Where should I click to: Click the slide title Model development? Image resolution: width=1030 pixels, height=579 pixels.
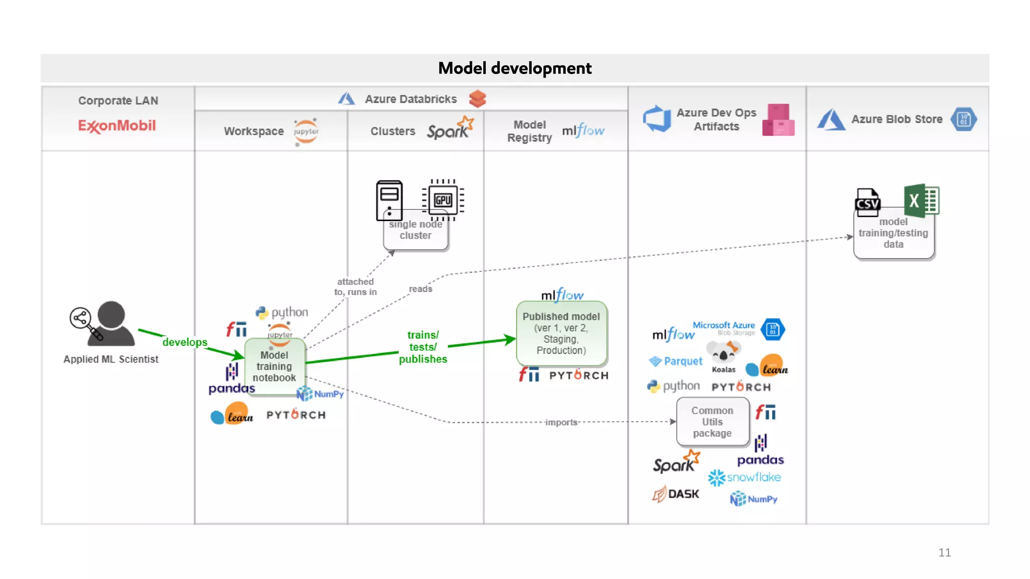514,68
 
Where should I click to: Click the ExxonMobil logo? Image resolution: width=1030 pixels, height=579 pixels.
117,126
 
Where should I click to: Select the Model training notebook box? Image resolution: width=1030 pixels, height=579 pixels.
274,366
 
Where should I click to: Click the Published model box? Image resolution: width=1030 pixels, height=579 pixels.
561,333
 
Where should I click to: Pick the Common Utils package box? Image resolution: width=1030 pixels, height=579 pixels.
712,422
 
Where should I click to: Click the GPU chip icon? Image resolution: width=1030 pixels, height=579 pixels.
443,200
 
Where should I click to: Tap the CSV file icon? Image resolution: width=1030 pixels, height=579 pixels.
868,202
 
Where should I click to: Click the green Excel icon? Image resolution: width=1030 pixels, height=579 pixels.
921,201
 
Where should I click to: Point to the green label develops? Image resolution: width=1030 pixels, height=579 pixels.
185,342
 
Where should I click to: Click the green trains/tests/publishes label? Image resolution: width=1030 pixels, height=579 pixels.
423,347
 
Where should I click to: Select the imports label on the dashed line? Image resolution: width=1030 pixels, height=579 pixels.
561,422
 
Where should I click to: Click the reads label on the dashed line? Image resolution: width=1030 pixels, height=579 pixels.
420,289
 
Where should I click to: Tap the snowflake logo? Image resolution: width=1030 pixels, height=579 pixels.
745,477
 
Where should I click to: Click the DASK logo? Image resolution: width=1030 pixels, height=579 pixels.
676,494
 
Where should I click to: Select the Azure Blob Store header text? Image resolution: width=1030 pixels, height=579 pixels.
897,120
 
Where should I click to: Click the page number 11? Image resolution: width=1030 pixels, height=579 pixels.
944,552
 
